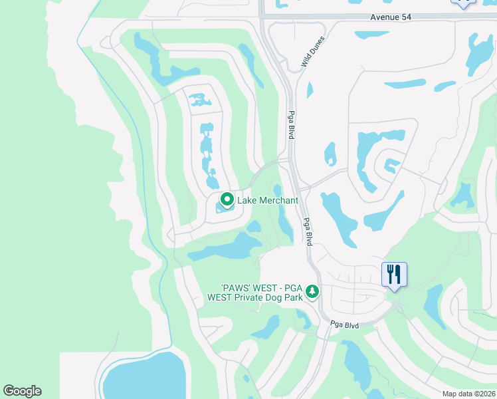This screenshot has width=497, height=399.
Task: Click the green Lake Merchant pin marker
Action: click(227, 199)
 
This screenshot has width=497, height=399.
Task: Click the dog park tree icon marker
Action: click(312, 291)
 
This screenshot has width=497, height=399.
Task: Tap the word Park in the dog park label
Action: click(293, 297)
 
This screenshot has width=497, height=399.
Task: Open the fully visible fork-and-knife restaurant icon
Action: click(395, 274)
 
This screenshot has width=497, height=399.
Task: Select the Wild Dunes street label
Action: click(312, 51)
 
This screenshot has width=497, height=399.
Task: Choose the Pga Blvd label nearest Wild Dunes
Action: click(290, 124)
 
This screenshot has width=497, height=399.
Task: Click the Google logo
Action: click(22, 391)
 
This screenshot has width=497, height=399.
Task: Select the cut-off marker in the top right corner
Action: click(463, 3)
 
